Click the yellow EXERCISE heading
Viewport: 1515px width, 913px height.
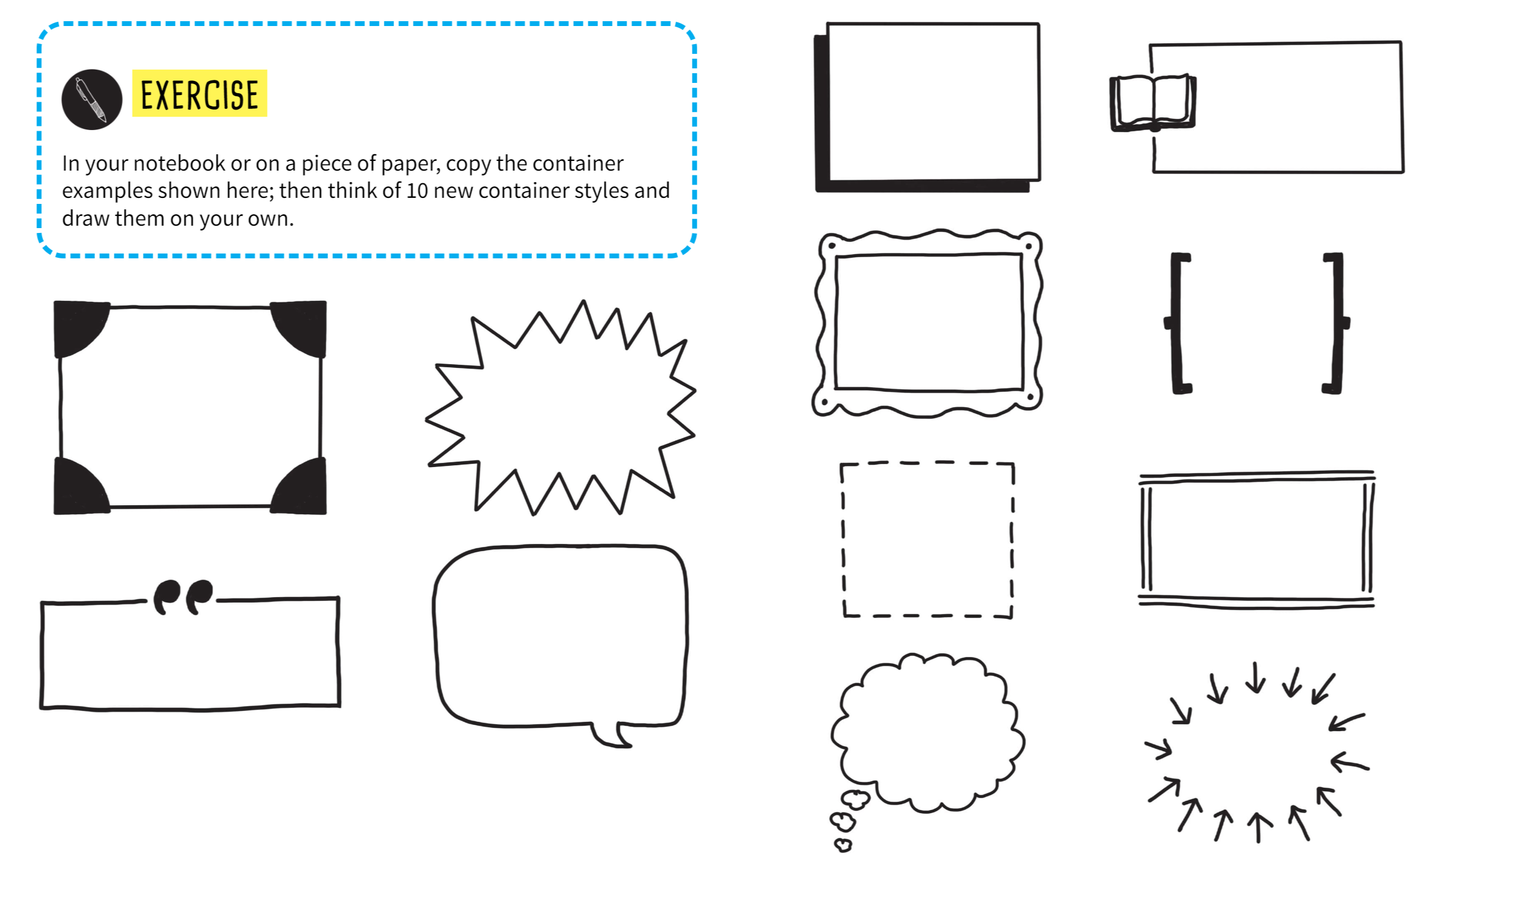(200, 93)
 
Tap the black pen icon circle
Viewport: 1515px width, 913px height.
(91, 100)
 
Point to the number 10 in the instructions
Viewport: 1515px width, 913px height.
(416, 191)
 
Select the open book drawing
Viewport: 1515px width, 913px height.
(1154, 103)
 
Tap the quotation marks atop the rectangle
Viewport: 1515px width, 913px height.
(183, 597)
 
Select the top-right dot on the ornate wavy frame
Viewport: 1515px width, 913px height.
(1028, 247)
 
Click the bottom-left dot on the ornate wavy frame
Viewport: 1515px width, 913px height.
(825, 403)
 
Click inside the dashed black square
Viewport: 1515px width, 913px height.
(927, 540)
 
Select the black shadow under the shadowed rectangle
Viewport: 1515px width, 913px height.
(922, 186)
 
